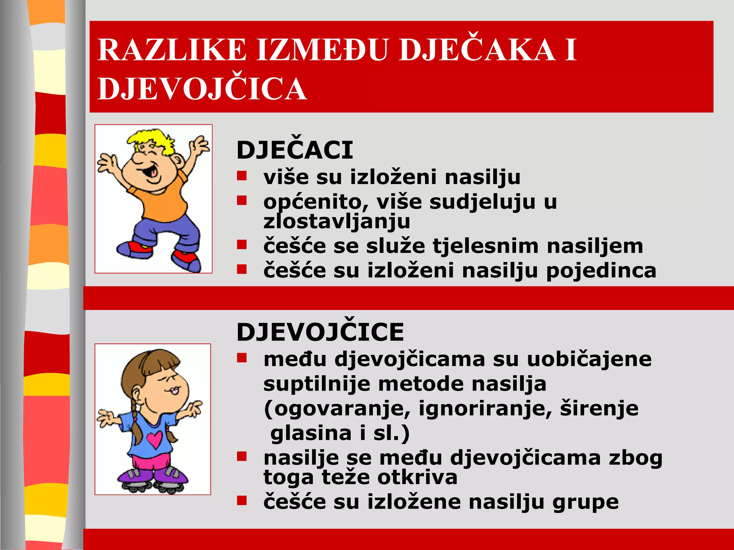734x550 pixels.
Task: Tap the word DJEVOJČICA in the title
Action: coord(202,89)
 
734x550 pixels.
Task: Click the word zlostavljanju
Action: coord(337,221)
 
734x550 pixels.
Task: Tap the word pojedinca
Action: coord(601,271)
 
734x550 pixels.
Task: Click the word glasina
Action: coord(311,433)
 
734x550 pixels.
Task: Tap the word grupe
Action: coord(585,502)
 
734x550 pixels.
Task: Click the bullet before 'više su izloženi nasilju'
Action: coord(242,175)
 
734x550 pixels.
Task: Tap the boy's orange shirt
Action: coord(165,201)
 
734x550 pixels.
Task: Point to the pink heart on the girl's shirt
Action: coord(154,439)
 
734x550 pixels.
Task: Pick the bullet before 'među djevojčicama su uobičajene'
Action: coord(242,358)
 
